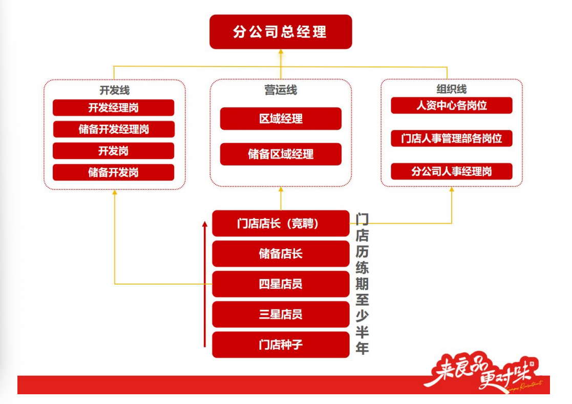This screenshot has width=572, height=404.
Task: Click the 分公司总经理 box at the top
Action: coord(281,32)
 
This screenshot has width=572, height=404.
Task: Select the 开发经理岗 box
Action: coord(113,108)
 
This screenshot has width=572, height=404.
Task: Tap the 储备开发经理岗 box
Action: coord(113,129)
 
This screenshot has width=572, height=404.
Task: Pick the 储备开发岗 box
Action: coord(113,172)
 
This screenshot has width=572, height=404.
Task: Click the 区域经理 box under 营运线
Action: coord(281,118)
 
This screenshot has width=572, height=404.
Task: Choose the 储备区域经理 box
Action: coord(281,154)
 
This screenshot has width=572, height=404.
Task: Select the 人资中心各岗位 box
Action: coord(451,106)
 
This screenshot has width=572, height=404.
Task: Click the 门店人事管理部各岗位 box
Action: coord(451,138)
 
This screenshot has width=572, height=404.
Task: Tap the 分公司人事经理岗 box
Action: coord(451,171)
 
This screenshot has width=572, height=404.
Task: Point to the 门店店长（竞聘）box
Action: coord(281,224)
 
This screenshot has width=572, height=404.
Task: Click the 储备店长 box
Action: coord(281,254)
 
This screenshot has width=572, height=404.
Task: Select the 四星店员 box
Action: coord(281,284)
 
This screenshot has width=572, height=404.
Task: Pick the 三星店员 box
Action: coord(281,314)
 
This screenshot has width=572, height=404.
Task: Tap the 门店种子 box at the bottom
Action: coord(281,345)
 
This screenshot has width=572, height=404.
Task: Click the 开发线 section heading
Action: coord(114,91)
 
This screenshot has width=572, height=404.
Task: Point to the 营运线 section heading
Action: coord(281,91)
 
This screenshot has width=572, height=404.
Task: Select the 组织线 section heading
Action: coord(451,89)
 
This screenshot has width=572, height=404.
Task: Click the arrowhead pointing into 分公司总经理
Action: coord(281,52)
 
